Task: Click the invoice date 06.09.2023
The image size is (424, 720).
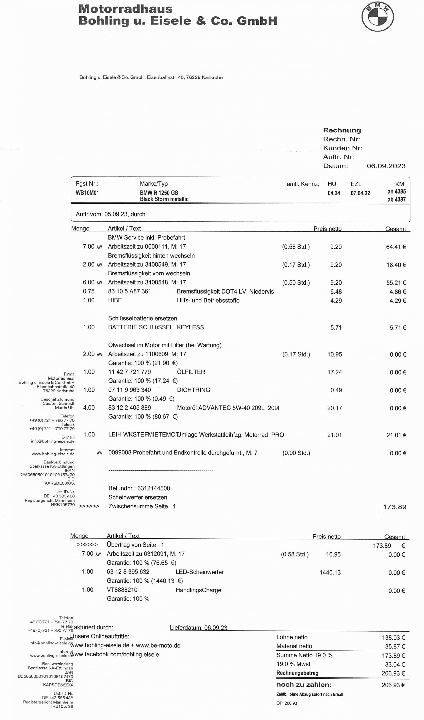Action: tap(386, 166)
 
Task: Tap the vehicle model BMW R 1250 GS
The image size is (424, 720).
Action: tap(159, 193)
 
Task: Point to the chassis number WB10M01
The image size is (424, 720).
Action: tap(87, 193)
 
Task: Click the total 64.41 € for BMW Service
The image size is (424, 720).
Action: tap(396, 247)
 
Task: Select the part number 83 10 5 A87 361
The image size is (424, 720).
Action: tap(129, 291)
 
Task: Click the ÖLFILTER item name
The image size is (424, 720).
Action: tap(191, 372)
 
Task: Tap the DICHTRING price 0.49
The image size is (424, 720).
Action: tap(336, 390)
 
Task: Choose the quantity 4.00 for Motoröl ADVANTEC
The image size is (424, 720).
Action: tap(89, 408)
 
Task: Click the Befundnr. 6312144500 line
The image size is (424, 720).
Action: tap(139, 488)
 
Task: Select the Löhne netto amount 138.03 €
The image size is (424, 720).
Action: tap(393, 638)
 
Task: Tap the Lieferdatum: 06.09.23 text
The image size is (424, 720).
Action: tap(198, 628)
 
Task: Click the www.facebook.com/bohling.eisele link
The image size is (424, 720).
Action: tap(115, 655)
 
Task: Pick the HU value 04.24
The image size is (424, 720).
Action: tap(334, 193)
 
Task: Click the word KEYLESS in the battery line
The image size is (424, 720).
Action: tap(190, 327)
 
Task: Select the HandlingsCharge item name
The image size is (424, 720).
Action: tap(198, 590)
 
